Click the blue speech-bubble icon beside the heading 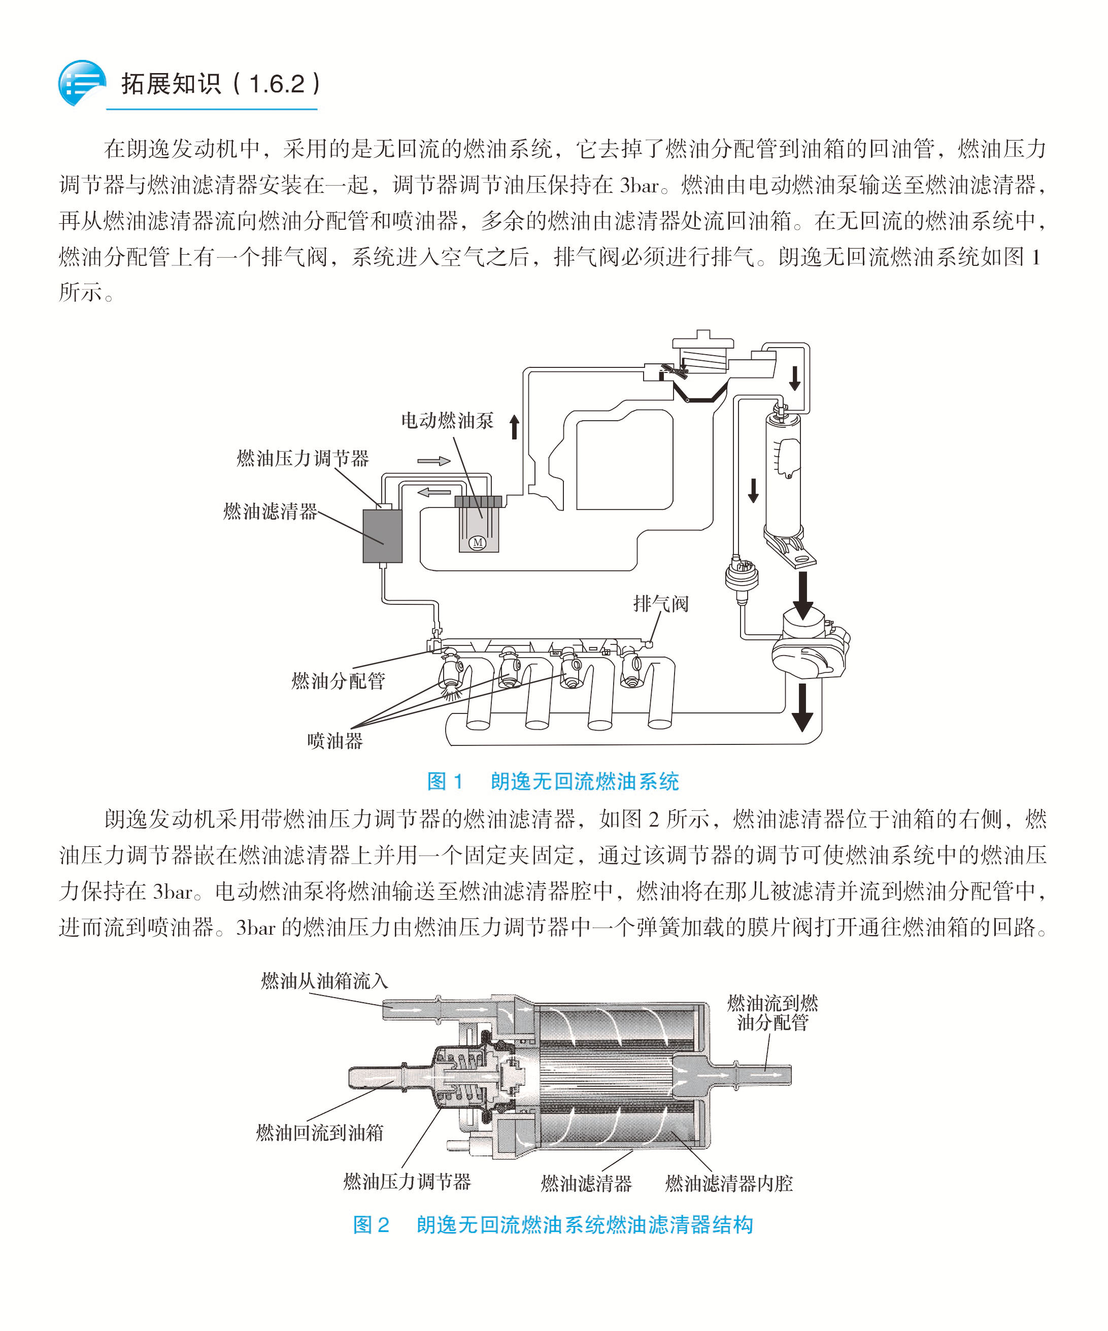pos(81,82)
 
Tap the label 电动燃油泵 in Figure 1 pos(447,420)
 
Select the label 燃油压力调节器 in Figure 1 pos(303,458)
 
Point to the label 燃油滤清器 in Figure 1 pos(270,511)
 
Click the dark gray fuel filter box pos(382,535)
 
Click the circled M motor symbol pos(477,542)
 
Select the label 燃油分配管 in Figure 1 pos(338,680)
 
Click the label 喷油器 pos(334,740)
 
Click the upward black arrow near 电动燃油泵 pos(514,427)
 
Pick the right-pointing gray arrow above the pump pos(433,461)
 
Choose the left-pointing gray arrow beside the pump pos(434,491)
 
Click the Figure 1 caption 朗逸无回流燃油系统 pos(584,781)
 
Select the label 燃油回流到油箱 pos(320,1132)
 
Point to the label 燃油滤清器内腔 pos(729,1183)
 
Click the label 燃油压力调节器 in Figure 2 pos(407,1181)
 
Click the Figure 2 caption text pos(553,1225)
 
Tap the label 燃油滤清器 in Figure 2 pos(586,1183)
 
